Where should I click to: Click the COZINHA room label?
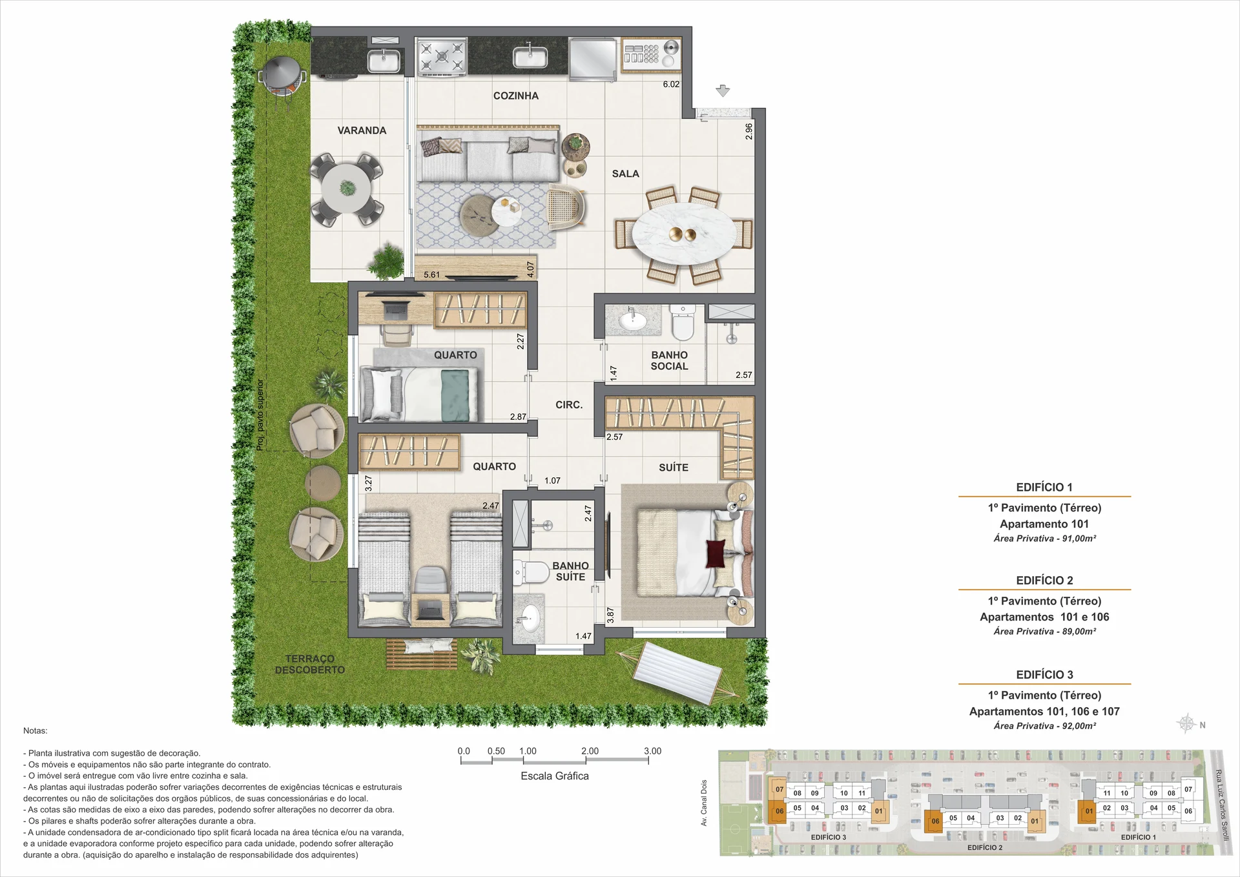click(x=515, y=96)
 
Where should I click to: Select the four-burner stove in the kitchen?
click(x=442, y=56)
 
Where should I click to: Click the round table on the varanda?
click(x=347, y=189)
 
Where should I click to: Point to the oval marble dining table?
click(x=683, y=234)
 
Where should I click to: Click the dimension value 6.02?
click(x=671, y=84)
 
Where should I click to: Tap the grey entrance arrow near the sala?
click(x=723, y=91)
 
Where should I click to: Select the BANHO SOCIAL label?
click(x=669, y=360)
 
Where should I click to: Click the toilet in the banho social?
click(x=682, y=322)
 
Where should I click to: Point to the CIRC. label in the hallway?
click(x=569, y=405)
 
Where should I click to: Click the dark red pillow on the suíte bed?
click(x=715, y=553)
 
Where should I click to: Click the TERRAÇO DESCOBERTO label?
click(x=310, y=665)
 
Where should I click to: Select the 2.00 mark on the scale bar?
click(x=590, y=751)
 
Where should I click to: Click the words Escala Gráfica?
click(x=555, y=776)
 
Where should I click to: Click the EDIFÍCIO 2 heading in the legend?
click(x=1044, y=581)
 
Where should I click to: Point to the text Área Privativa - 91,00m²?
click(x=1044, y=539)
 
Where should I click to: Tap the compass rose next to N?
click(x=1186, y=723)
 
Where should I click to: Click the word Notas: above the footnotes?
click(x=36, y=731)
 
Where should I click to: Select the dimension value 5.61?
click(x=431, y=274)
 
